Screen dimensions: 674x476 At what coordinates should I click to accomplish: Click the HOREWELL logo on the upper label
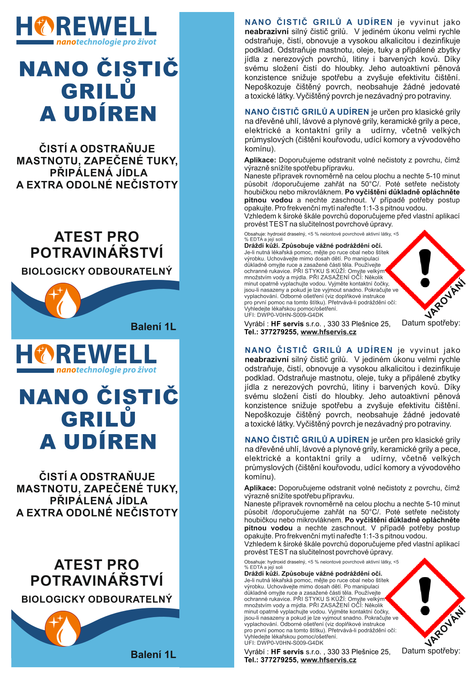click(x=86, y=30)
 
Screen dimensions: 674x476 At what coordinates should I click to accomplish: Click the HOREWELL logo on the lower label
click(x=86, y=358)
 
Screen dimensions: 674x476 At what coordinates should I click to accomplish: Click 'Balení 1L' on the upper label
click(x=153, y=327)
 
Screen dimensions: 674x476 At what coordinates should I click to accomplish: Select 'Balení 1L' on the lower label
click(x=153, y=655)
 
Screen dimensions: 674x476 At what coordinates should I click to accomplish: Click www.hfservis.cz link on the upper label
click(x=328, y=332)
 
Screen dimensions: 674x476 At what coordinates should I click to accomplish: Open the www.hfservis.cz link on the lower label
click(x=328, y=660)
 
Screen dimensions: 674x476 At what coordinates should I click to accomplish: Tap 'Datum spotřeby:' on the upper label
click(x=431, y=323)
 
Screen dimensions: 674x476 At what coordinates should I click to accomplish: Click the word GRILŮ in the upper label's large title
click(x=98, y=91)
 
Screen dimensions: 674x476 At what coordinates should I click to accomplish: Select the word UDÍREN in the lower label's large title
click(x=110, y=442)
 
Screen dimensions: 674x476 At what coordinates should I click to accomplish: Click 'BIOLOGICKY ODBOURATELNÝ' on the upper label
click(x=96, y=272)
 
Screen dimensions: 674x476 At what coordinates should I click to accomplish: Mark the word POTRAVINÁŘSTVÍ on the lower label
click(x=96, y=581)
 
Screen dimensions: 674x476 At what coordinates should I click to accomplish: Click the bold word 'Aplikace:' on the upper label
click(x=260, y=160)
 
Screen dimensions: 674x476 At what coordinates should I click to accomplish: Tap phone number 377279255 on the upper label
click(x=279, y=332)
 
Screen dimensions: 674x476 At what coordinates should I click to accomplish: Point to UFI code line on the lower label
click(x=283, y=643)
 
